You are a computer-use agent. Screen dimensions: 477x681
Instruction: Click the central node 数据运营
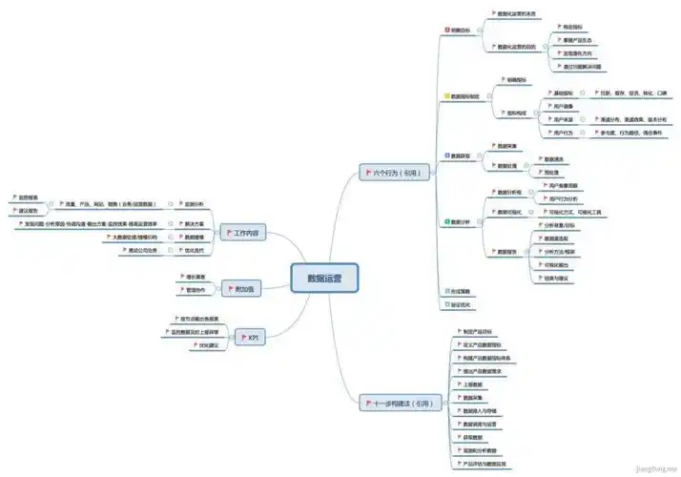point(324,277)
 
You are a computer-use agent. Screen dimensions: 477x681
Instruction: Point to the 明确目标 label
point(462,31)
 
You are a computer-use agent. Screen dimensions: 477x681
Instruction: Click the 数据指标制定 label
point(469,96)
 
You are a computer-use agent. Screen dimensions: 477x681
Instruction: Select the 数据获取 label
point(462,155)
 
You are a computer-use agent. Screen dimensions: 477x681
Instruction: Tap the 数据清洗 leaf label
point(553,158)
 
